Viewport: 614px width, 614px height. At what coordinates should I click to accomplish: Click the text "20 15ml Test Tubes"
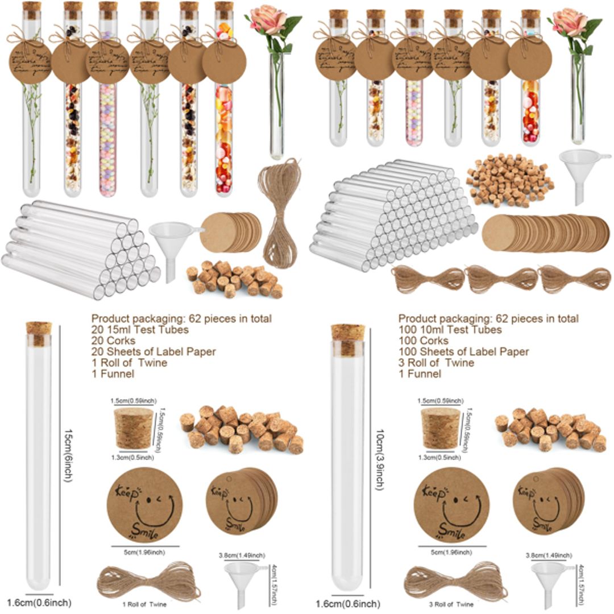pyautogui.click(x=140, y=330)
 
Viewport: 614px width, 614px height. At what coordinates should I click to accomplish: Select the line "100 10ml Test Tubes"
pyautogui.click(x=450, y=330)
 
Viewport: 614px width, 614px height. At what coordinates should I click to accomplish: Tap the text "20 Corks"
pyautogui.click(x=112, y=341)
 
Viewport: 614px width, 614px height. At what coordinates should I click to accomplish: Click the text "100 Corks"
pyautogui.click(x=423, y=341)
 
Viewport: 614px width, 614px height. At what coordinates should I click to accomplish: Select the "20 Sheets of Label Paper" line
pyautogui.click(x=153, y=352)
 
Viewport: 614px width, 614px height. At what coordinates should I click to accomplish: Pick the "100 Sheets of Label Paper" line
pyautogui.click(x=463, y=352)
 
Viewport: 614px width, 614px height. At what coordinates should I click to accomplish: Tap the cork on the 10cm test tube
pyautogui.click(x=347, y=339)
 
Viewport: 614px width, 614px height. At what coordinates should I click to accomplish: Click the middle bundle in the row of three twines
pyautogui.click(x=500, y=279)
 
